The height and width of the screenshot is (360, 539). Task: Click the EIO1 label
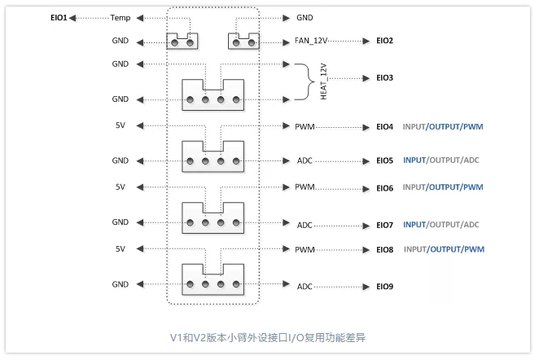[58, 17]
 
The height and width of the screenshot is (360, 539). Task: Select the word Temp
[121, 17]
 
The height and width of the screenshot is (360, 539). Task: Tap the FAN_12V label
[311, 40]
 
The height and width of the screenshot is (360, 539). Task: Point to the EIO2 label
[384, 40]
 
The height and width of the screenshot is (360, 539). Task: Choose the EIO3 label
[384, 78]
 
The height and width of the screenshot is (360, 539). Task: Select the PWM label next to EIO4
[305, 126]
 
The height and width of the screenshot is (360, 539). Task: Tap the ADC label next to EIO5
[305, 160]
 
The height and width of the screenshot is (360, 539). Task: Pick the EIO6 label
[384, 188]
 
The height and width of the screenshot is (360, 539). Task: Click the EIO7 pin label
[384, 225]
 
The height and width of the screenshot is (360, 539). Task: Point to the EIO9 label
[384, 287]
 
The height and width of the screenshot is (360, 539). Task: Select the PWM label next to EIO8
[305, 249]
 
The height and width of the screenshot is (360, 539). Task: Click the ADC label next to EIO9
[305, 287]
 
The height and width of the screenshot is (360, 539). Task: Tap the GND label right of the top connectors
[305, 17]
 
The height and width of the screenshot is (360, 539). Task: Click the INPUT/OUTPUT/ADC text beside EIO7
[440, 225]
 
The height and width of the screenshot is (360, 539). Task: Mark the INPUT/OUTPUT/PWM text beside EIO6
[444, 188]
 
